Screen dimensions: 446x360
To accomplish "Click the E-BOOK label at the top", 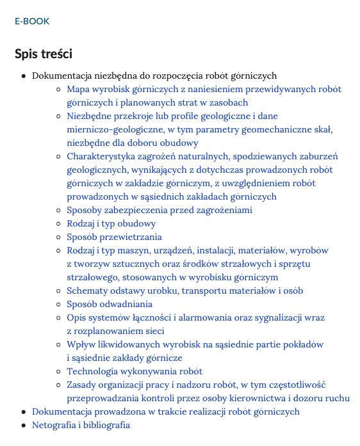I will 32,21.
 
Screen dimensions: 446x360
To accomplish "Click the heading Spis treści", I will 44,54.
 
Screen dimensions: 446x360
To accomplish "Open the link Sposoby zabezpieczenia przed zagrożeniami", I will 160,210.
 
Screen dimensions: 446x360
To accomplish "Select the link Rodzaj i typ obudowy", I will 111,223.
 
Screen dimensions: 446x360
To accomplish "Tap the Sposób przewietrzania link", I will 114,237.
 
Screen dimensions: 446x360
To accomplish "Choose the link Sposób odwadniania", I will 110,304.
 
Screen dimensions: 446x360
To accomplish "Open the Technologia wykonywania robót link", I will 135,371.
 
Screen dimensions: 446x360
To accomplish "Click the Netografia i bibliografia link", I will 81,425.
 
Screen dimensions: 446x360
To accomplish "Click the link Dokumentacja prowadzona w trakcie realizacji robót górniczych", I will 166,411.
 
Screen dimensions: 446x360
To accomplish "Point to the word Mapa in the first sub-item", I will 78,89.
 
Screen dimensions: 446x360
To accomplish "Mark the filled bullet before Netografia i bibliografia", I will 24,426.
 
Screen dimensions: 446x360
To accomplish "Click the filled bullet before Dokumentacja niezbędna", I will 24,76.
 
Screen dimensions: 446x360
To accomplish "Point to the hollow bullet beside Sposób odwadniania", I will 59,305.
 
